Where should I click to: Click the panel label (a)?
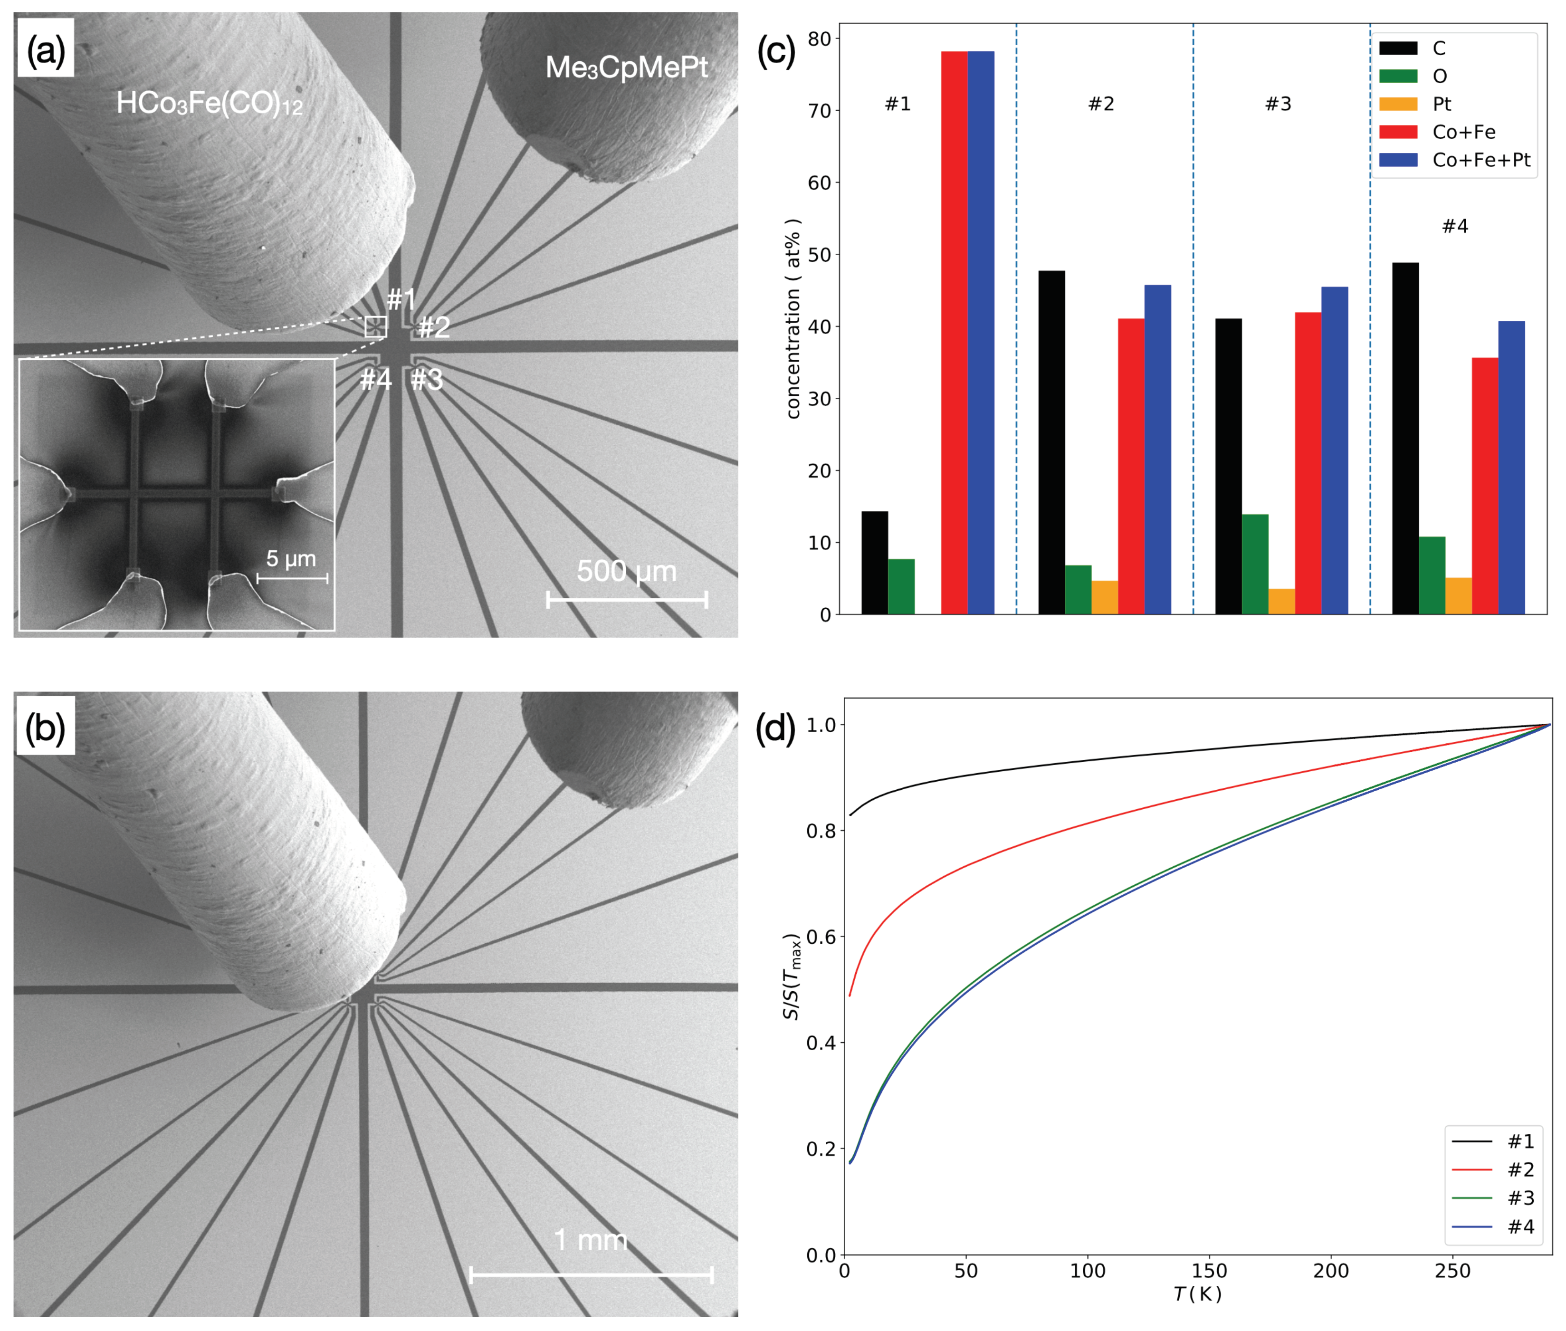(45, 50)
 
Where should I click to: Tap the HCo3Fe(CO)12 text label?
(209, 103)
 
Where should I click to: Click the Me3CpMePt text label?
(626, 68)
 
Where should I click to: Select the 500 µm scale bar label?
(626, 571)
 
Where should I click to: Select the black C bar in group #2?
(1051, 441)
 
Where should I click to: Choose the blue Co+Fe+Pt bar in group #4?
(1510, 467)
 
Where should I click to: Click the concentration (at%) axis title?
(792, 318)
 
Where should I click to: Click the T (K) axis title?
(1197, 1295)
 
